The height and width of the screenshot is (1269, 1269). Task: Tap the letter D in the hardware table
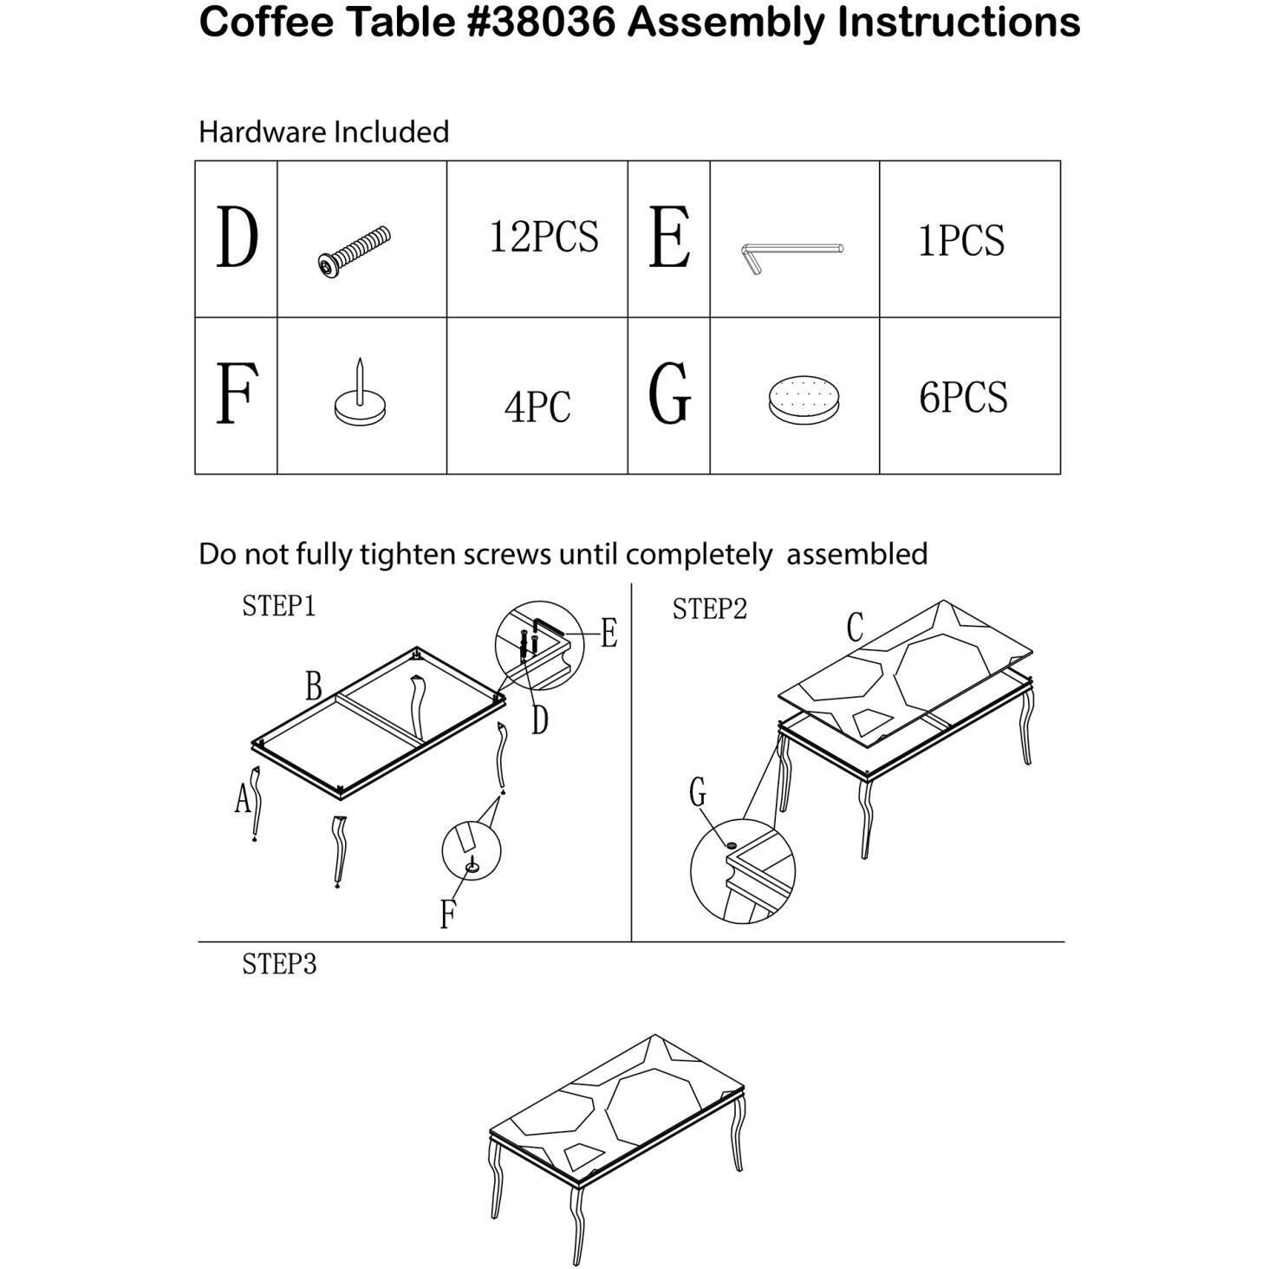(x=238, y=238)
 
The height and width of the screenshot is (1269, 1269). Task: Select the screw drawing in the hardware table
(x=354, y=251)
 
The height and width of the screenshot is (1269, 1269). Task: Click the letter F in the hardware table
(x=236, y=394)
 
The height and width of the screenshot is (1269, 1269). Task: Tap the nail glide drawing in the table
(x=360, y=393)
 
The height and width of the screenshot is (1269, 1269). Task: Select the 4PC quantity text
(x=537, y=407)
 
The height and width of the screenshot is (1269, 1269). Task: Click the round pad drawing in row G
(x=804, y=399)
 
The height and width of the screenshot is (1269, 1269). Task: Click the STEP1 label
(x=278, y=606)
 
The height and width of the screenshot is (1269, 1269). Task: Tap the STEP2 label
(x=709, y=608)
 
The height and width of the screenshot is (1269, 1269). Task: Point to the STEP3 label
(x=279, y=964)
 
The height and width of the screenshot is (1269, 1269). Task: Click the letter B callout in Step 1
(x=314, y=686)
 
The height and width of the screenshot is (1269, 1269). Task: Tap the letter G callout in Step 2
(x=698, y=792)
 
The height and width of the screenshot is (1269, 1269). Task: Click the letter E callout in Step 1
(x=609, y=634)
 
